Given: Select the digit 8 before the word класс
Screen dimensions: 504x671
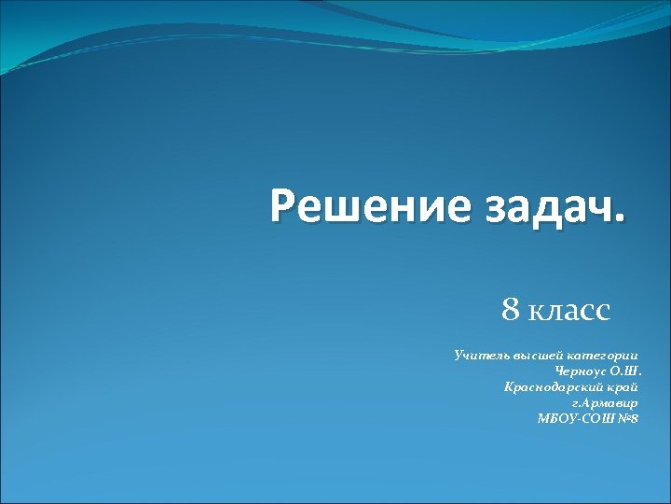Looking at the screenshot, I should click(511, 309).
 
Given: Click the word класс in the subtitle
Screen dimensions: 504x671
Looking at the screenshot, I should click(569, 310).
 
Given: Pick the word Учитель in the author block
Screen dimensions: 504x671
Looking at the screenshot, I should click(475, 356).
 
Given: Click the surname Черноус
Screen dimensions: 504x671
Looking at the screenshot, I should click(581, 371).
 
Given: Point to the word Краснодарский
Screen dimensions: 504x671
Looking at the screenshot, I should click(547, 385).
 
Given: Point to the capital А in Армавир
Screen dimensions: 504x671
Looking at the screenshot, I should click(591, 401).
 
